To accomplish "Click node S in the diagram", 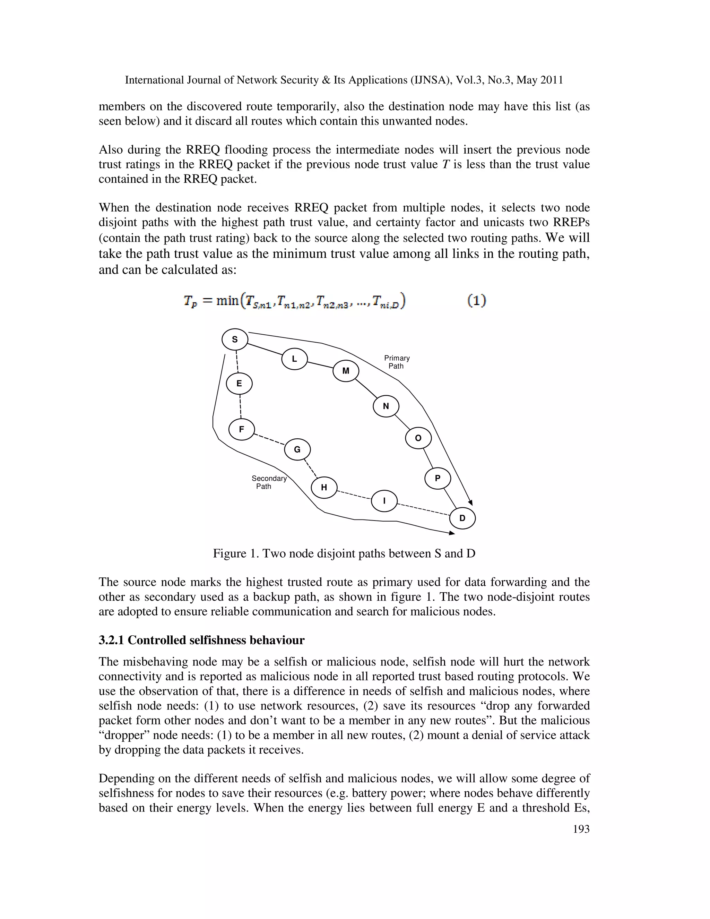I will pyautogui.click(x=235, y=339).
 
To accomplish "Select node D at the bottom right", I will pyautogui.click(x=462, y=518).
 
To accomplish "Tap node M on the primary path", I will pyautogui.click(x=346, y=371).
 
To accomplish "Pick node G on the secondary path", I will pyautogui.click(x=297, y=450).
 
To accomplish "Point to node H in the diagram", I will pyautogui.click(x=324, y=488).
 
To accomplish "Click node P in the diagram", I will pyautogui.click(x=438, y=479).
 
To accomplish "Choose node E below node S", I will pyautogui.click(x=239, y=384).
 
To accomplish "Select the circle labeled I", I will pyautogui.click(x=384, y=501).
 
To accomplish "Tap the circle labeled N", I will pyautogui.click(x=386, y=406).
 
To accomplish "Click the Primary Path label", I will pyautogui.click(x=397, y=362).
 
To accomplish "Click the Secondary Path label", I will pyautogui.click(x=268, y=482).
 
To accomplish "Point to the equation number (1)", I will pyautogui.click(x=477, y=300).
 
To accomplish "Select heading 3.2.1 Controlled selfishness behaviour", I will pyautogui.click(x=201, y=640).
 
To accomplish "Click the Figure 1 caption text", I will pyautogui.click(x=344, y=553).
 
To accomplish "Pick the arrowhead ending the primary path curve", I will pyautogui.click(x=471, y=503).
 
